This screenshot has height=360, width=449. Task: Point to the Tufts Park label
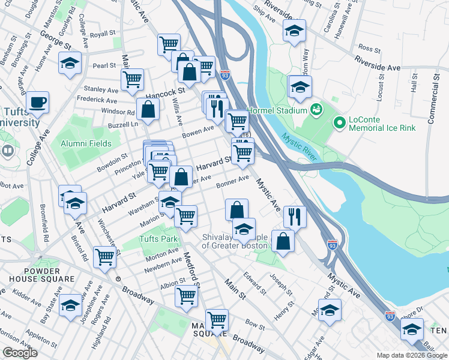(160, 239)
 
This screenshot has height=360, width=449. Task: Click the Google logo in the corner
(20, 353)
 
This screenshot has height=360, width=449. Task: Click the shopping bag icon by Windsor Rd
(148, 109)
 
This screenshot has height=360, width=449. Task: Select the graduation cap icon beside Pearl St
(70, 62)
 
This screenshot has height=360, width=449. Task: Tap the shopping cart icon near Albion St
(187, 296)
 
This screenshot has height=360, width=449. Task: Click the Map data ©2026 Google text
(412, 355)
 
